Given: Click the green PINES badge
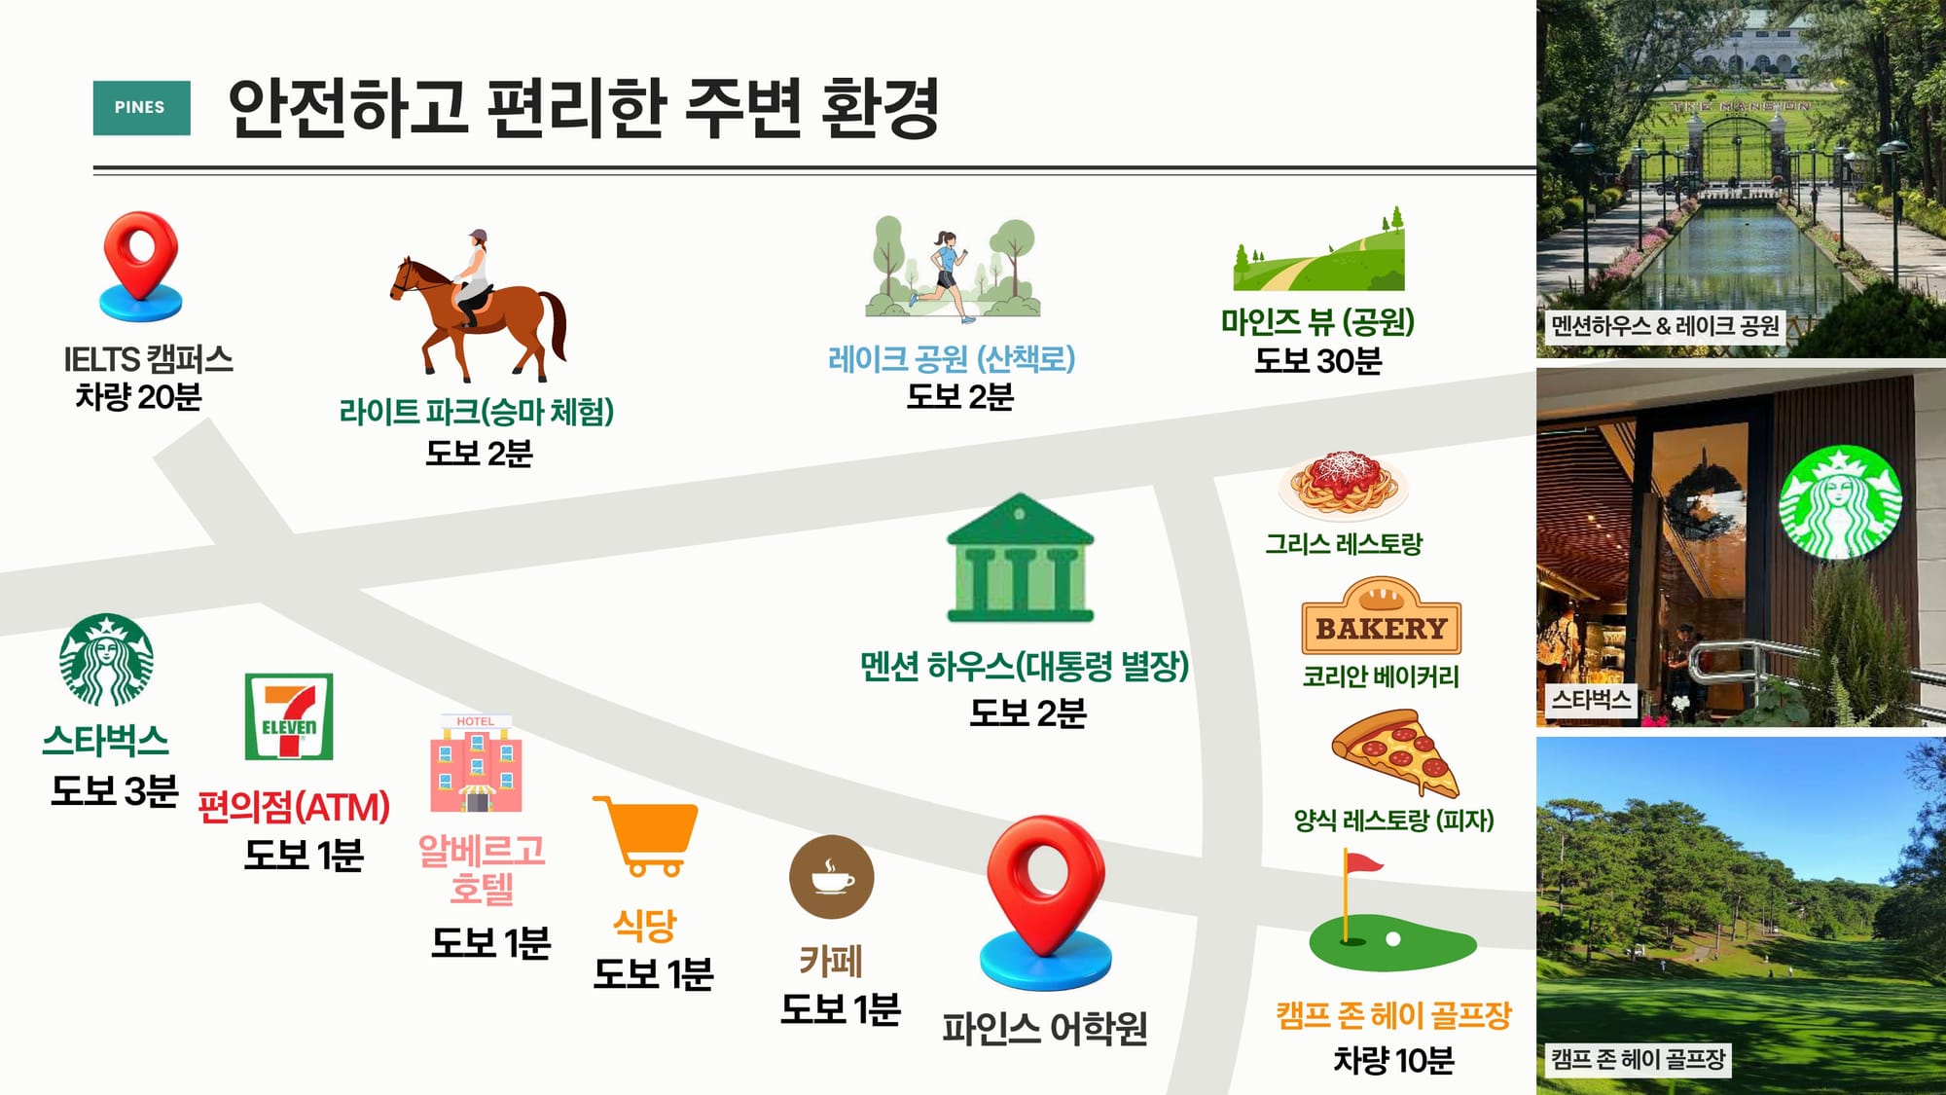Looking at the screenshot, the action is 141,107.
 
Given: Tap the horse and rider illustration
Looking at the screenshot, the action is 478,306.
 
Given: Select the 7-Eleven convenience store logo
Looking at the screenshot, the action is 289,716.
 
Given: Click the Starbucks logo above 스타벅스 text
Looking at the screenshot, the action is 106,660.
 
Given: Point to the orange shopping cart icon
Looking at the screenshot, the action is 646,836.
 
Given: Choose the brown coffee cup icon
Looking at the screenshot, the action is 832,877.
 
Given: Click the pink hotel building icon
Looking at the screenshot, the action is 476,764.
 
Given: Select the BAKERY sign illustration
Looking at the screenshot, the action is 1382,616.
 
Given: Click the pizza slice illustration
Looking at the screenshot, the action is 1395,753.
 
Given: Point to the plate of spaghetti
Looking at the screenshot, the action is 1344,483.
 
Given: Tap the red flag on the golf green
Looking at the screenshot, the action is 1361,863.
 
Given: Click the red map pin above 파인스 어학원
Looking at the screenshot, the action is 1046,901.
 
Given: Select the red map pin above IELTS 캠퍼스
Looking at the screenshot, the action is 141,266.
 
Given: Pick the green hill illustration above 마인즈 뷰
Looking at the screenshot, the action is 1318,250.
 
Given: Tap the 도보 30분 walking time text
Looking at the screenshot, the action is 1317,361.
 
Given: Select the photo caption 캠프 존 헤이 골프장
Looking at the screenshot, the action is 1639,1058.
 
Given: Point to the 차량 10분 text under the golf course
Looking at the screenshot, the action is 1393,1060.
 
